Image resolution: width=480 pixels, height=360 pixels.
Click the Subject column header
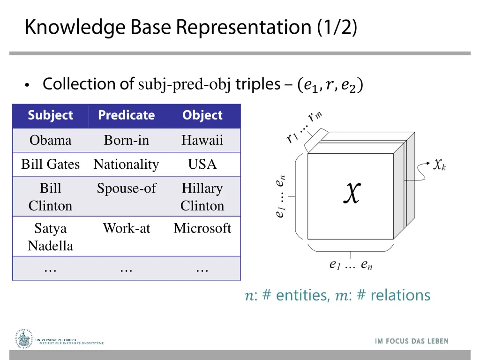(51, 115)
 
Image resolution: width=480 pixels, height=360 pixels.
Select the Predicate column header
(126, 115)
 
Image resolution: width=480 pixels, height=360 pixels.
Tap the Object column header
(202, 115)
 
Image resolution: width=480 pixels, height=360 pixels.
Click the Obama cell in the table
(51, 140)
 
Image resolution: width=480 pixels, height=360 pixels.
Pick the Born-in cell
(126, 140)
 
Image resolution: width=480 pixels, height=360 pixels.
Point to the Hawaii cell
(202, 140)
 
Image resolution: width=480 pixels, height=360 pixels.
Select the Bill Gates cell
(51, 165)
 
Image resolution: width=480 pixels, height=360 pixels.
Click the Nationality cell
(126, 165)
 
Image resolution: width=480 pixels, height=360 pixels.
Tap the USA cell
(202, 165)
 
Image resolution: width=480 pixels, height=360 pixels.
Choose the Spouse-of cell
(126, 188)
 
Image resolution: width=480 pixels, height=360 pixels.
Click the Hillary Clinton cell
(202, 197)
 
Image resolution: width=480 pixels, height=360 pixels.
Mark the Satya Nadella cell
(51, 237)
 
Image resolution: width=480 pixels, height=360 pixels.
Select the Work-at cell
(126, 228)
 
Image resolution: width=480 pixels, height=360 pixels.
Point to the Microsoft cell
(202, 228)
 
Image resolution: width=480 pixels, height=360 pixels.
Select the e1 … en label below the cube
(351, 265)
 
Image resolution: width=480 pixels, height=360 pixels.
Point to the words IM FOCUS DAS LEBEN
(412, 341)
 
